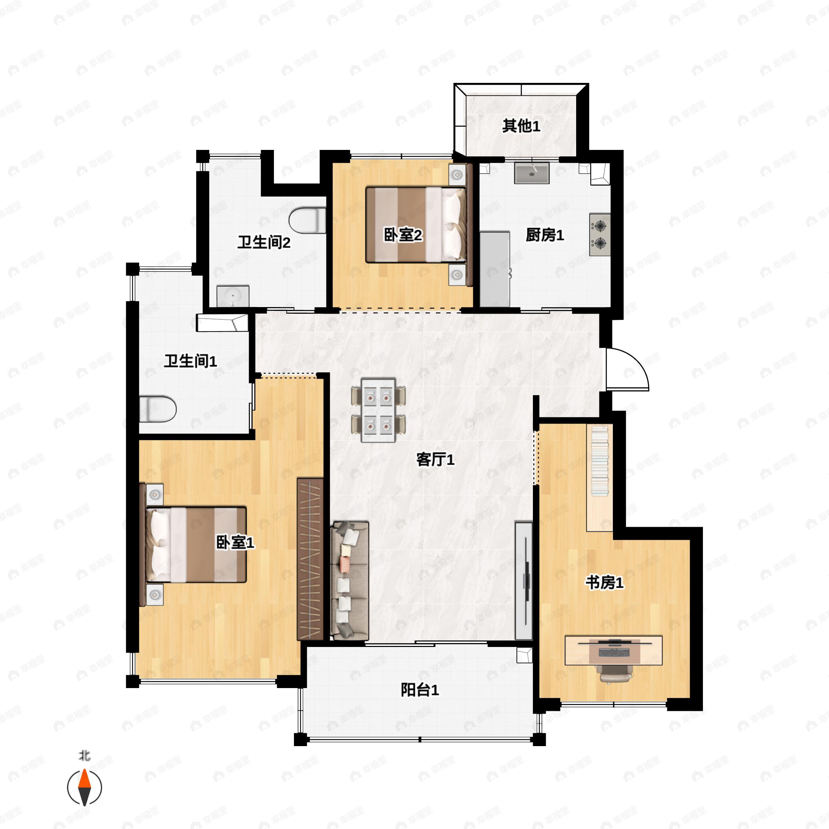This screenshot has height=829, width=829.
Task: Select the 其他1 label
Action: pyautogui.click(x=521, y=126)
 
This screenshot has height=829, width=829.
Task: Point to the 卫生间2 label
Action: pyautogui.click(x=264, y=242)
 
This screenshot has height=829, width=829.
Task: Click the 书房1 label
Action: pyautogui.click(x=604, y=583)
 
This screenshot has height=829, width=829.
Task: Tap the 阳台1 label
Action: pyautogui.click(x=420, y=690)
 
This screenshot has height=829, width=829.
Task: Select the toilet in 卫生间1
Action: pyautogui.click(x=158, y=409)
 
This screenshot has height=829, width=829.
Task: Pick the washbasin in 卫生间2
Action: pyautogui.click(x=232, y=296)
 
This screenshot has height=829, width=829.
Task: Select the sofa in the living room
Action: pyautogui.click(x=350, y=581)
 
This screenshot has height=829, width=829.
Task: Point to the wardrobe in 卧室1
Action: pyautogui.click(x=310, y=559)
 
